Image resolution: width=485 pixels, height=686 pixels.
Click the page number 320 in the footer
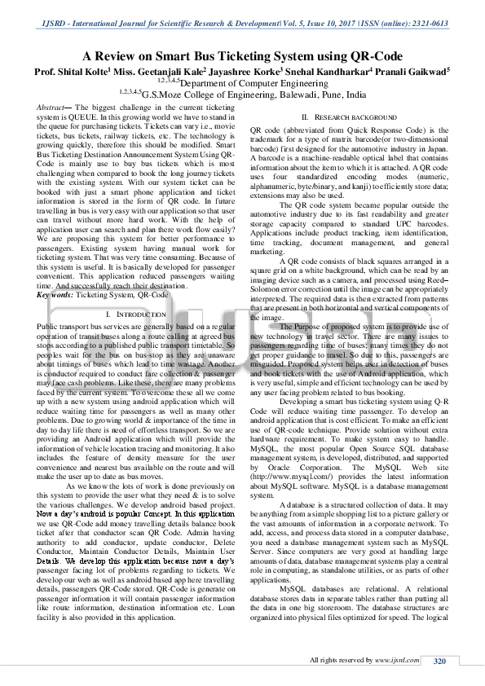(x=439, y=660)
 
